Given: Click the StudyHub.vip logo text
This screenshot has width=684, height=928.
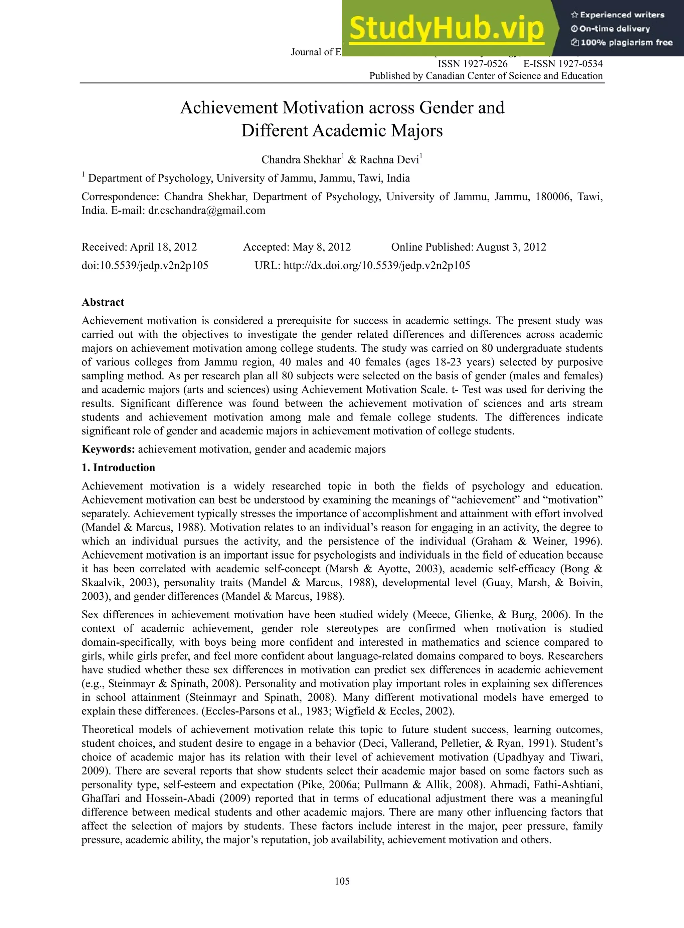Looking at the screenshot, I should (446, 28).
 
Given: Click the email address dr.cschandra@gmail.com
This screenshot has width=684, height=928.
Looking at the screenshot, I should (206, 210).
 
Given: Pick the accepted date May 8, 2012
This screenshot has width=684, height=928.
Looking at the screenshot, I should (321, 247).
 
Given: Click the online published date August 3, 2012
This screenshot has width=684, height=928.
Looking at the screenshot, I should (511, 247).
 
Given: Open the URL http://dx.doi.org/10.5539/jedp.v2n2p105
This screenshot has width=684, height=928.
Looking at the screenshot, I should (376, 265).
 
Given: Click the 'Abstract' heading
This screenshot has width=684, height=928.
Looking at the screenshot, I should (103, 302).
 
